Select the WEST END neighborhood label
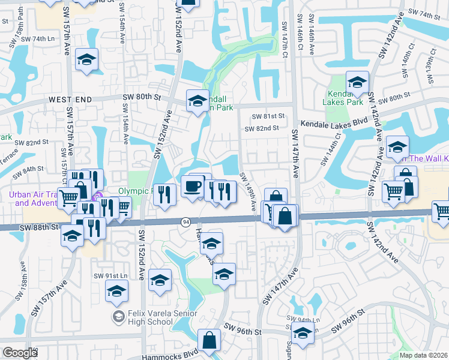point(71,99)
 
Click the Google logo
point(20,353)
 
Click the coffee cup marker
point(193,185)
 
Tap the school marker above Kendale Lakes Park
point(358,83)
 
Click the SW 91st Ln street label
point(111,275)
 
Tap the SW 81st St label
point(268,116)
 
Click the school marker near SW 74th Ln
point(87,60)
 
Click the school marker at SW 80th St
point(197,101)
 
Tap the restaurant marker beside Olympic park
point(164,193)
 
